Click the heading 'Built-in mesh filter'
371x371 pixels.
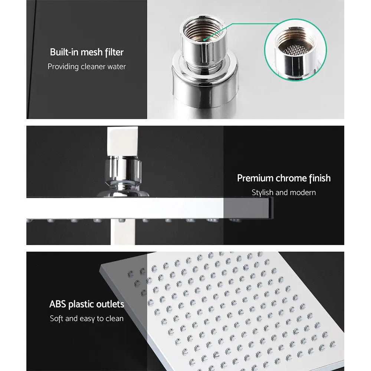[x=86, y=52]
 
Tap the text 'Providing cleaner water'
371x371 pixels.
[x=86, y=67]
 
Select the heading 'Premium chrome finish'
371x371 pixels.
[x=284, y=178]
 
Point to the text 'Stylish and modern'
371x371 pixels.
[x=284, y=193]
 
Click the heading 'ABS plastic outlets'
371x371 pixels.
[x=86, y=305]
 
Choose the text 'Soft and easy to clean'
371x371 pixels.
[x=86, y=319]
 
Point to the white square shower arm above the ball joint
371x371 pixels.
[x=122, y=141]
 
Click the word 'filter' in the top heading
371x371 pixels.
[x=114, y=52]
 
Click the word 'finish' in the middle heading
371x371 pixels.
[x=319, y=178]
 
